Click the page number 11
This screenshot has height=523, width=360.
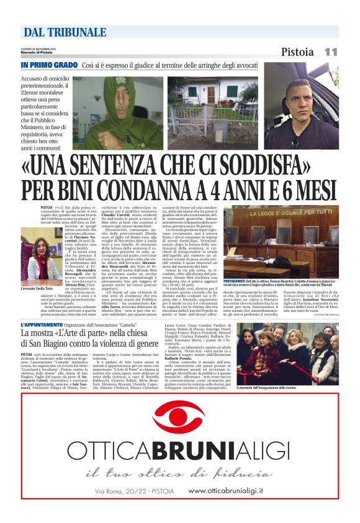[x=330, y=52]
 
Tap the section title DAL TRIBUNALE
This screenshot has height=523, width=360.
[x=65, y=32]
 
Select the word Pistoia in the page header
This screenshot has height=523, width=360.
[x=297, y=52]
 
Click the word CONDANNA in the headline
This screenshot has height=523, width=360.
[x=171, y=188]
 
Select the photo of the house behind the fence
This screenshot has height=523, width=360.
[x=212, y=112]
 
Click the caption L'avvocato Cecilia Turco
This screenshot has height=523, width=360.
[x=42, y=289]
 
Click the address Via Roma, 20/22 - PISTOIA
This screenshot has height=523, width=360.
[x=135, y=491]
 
